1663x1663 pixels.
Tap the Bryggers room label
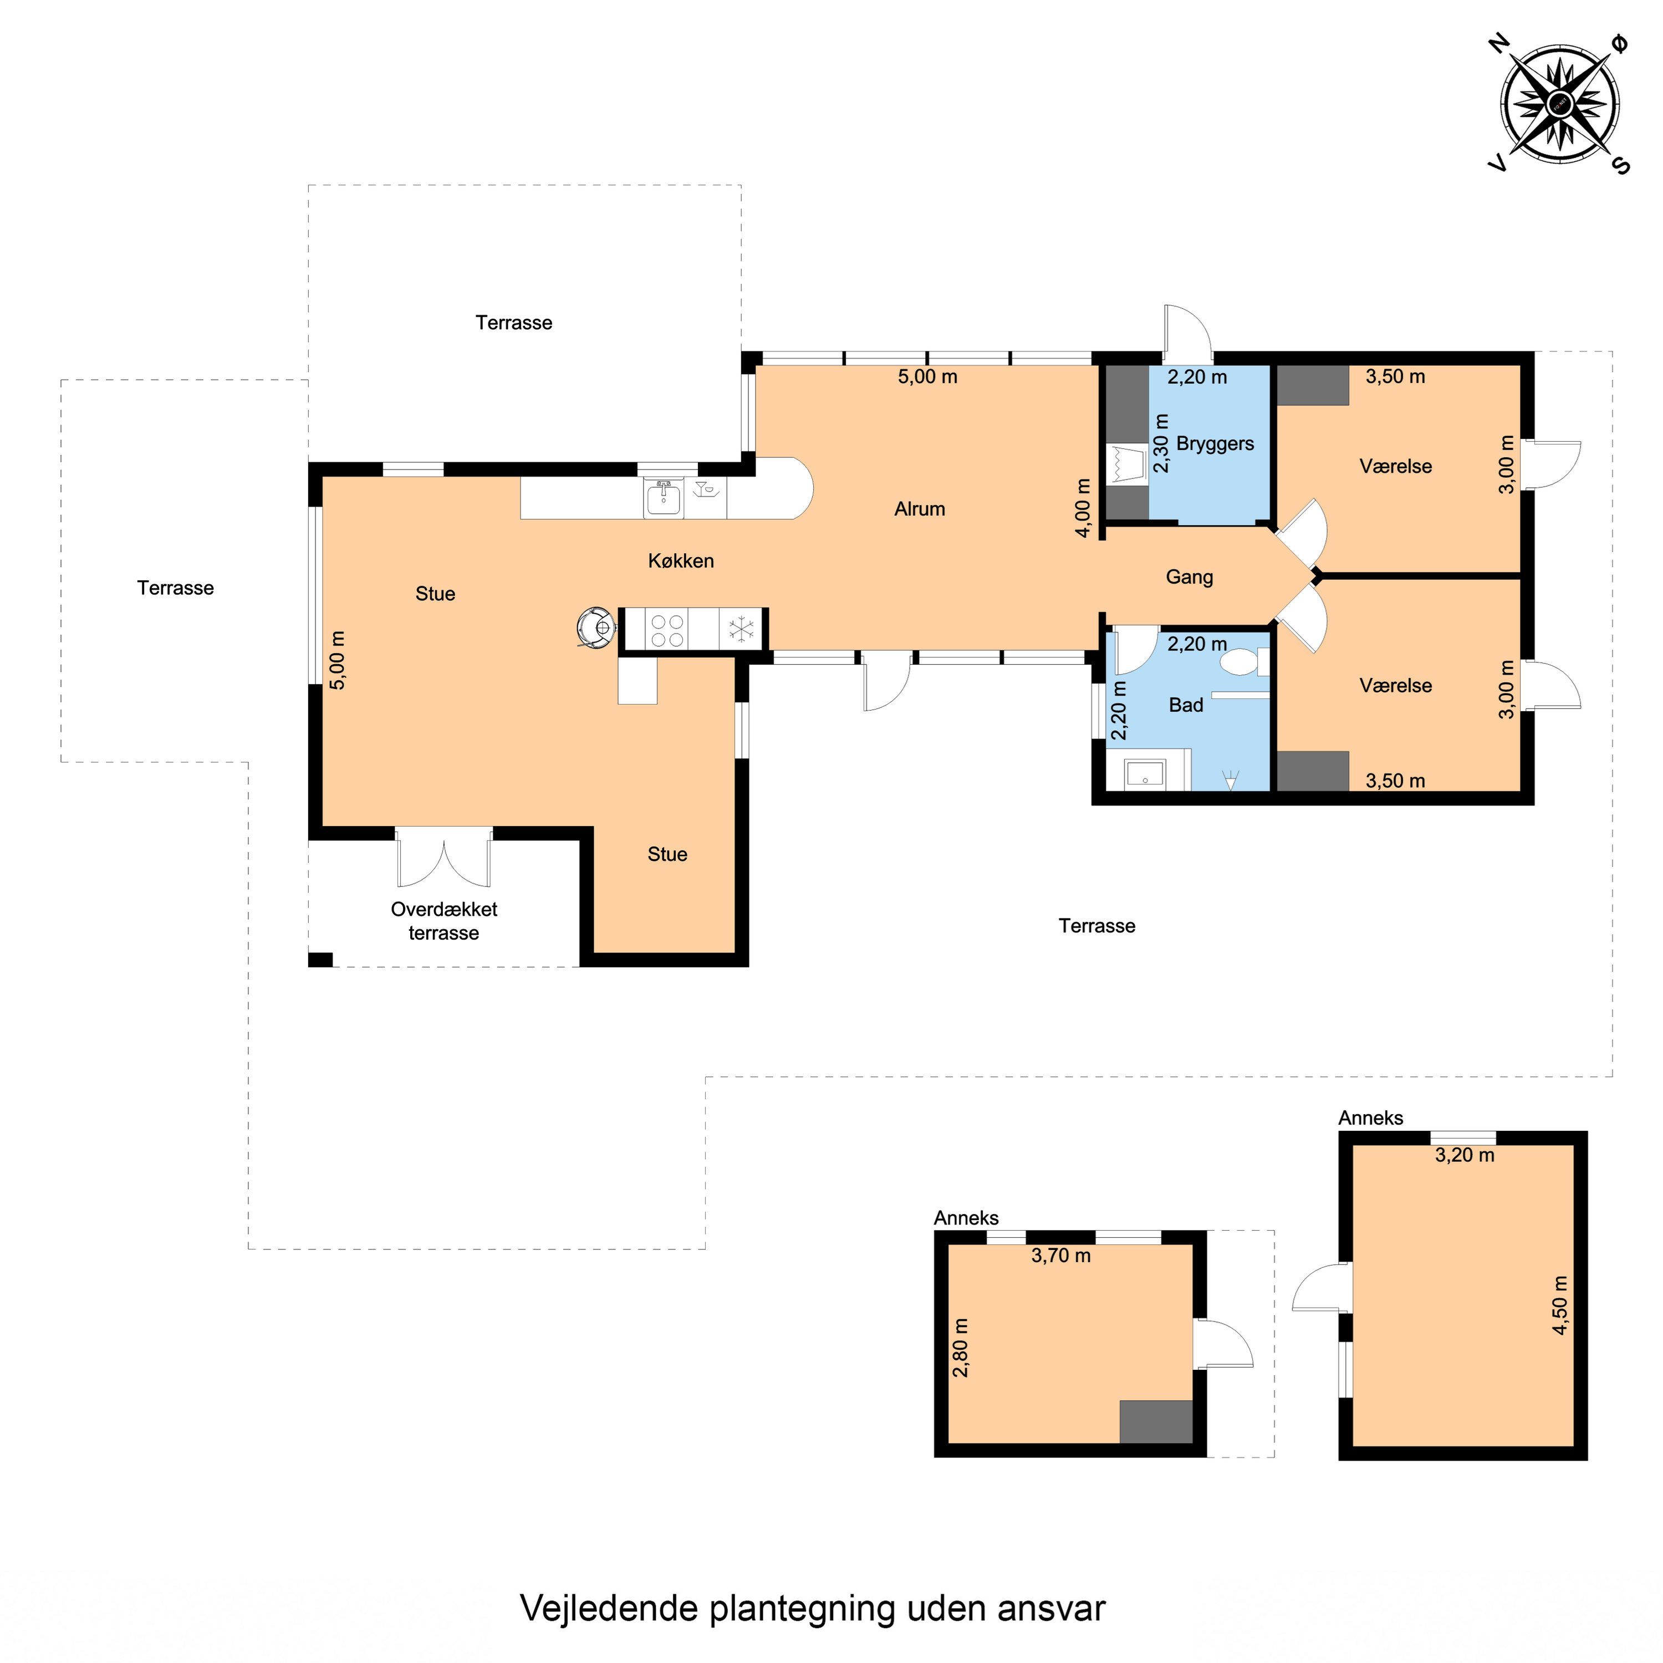click(1215, 444)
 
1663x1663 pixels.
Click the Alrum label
click(919, 509)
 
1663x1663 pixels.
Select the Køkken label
click(681, 560)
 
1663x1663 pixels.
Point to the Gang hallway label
click(1190, 577)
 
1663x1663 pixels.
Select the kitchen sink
click(663, 498)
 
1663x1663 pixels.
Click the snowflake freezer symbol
click(741, 629)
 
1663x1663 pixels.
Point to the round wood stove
click(596, 628)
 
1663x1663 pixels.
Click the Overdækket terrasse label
click(443, 921)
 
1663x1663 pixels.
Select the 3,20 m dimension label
click(1464, 1155)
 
